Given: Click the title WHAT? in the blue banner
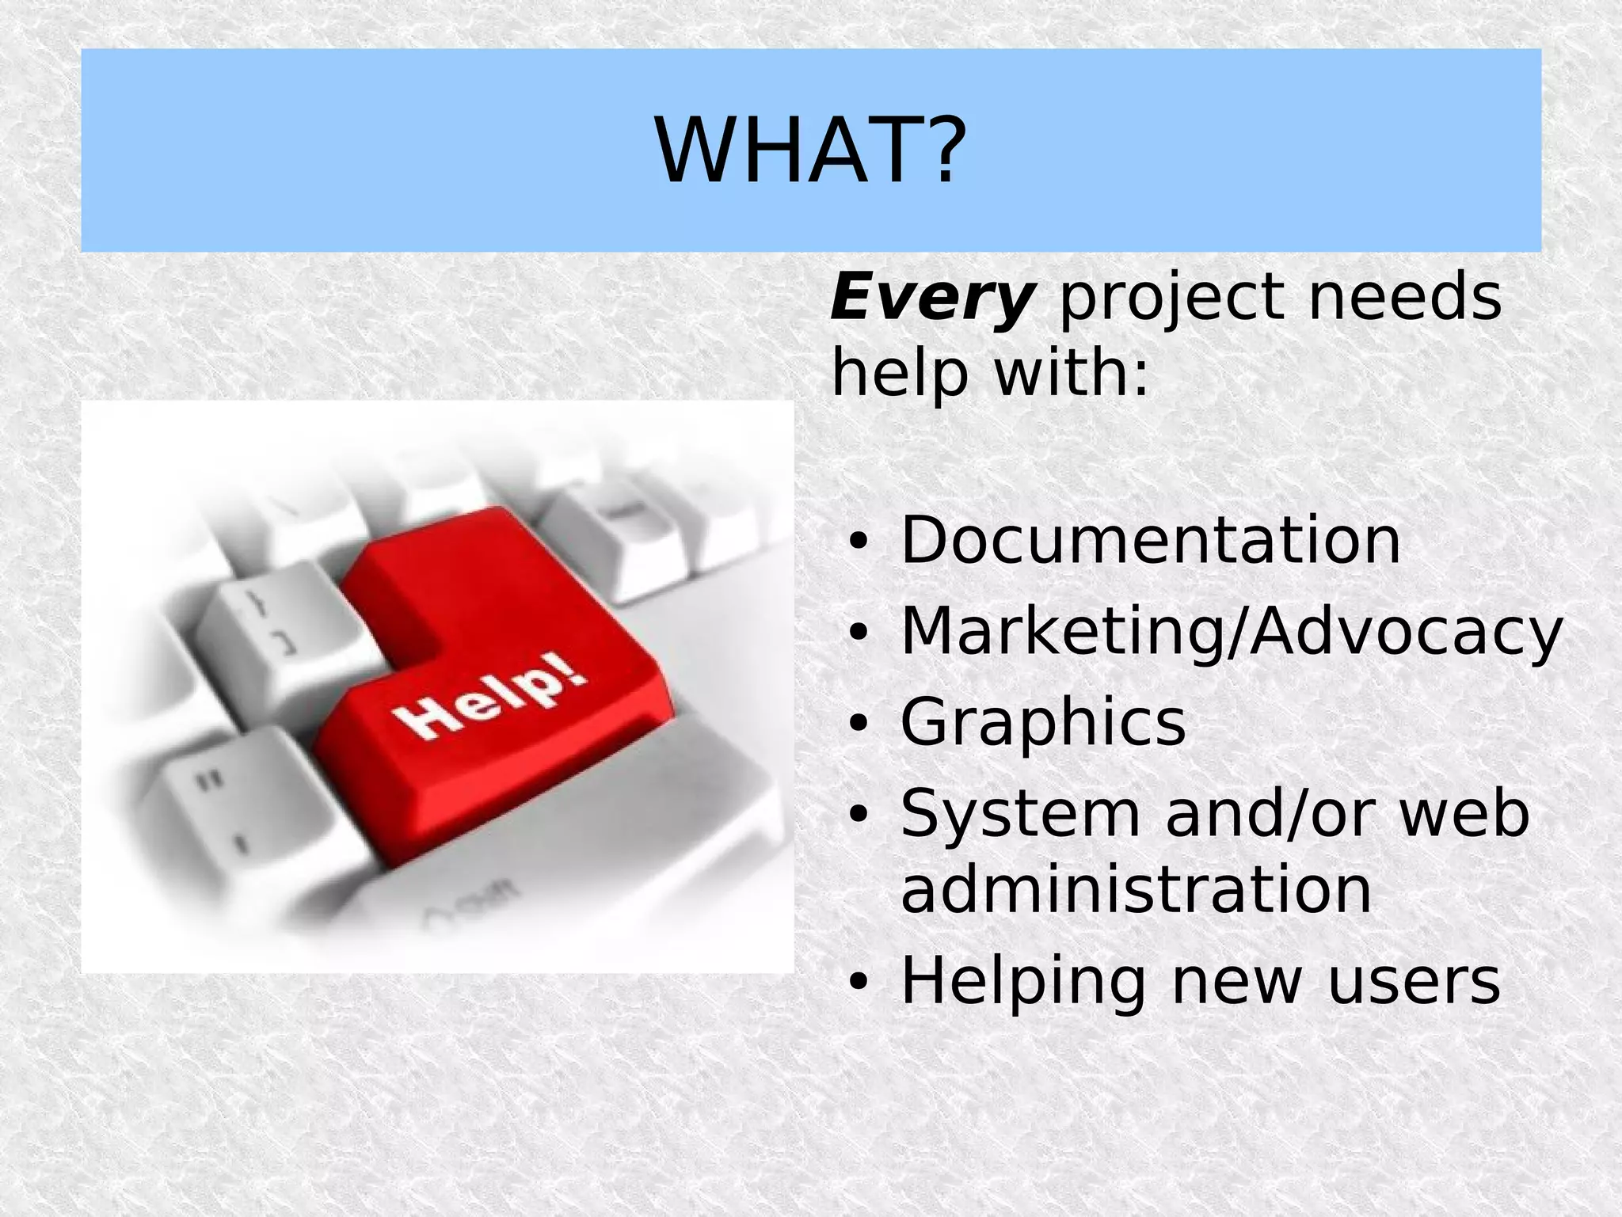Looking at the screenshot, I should (x=810, y=150).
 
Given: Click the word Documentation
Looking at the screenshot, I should (x=1150, y=540).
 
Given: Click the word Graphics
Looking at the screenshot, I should (x=1043, y=722).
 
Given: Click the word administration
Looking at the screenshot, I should (x=1136, y=889).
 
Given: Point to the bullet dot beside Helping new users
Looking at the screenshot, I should (x=858, y=983).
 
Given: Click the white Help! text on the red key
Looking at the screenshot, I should (x=490, y=700).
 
